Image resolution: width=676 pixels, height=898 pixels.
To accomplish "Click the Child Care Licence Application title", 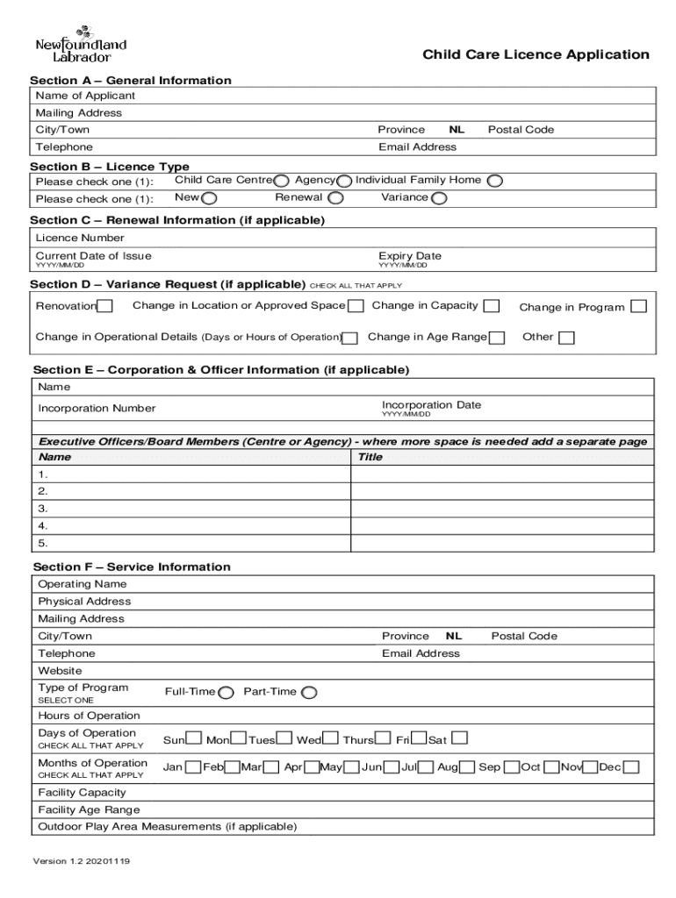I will tap(536, 55).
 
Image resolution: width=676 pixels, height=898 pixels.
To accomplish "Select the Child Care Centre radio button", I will tap(281, 181).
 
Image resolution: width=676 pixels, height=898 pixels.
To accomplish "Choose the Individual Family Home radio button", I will tap(495, 181).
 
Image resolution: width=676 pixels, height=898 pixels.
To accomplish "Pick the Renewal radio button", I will tap(335, 198).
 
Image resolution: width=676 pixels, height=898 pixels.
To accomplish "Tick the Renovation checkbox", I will tap(105, 306).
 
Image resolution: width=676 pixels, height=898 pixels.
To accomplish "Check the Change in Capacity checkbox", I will tap(492, 306).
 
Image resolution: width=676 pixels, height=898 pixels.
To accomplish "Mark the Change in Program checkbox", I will tap(639, 306).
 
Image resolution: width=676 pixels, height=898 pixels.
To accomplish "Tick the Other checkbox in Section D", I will tap(566, 338).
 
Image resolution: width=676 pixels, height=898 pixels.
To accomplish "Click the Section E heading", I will tap(221, 370).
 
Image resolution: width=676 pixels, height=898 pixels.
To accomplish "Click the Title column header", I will tap(370, 457).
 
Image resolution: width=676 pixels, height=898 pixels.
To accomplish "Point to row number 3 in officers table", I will tap(43, 509).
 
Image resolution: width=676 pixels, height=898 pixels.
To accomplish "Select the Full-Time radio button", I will tap(226, 693).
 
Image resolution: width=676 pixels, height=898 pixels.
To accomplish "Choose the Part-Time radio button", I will tap(309, 693).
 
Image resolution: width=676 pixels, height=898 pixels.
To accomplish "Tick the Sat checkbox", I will tap(459, 739).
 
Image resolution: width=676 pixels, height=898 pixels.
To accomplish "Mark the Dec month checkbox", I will tap(631, 767).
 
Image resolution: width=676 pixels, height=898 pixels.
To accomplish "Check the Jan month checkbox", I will tap(193, 767).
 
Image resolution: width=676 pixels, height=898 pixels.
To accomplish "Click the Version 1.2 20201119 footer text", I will tap(82, 861).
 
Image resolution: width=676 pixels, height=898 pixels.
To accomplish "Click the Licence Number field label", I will tap(80, 238).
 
